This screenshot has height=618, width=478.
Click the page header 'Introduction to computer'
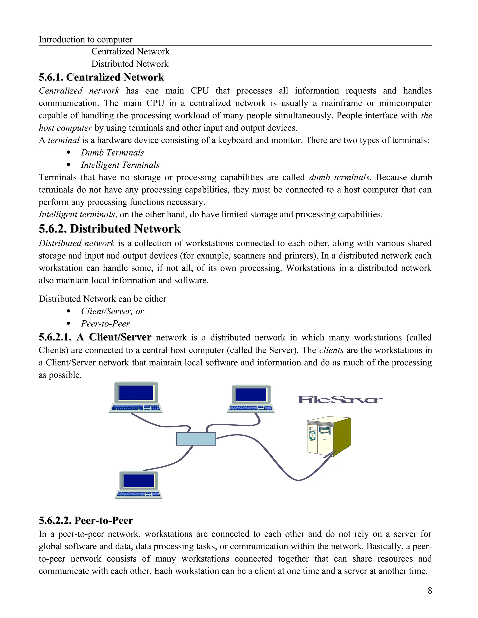click(85, 40)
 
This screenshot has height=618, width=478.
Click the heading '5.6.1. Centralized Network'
click(101, 77)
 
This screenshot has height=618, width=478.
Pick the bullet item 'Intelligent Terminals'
click(120, 165)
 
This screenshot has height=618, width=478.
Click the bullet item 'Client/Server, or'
click(112, 311)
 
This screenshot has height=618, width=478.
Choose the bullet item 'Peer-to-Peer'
click(105, 324)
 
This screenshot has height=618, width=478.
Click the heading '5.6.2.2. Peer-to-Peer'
click(86, 520)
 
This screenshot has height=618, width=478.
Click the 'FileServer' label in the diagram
click(339, 399)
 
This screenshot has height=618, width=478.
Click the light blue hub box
click(196, 439)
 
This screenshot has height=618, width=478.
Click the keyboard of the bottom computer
click(138, 494)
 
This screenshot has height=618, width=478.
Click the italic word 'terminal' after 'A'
click(63, 140)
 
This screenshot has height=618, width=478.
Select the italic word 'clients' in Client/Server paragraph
click(331, 350)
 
